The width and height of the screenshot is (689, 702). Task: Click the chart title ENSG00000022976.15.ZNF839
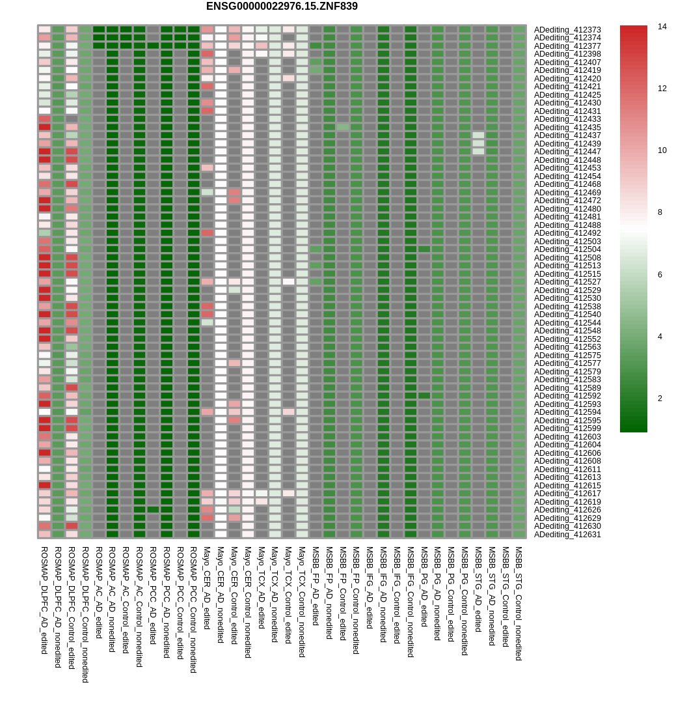pyautogui.click(x=282, y=7)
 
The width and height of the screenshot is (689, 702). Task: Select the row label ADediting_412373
pyautogui.click(x=567, y=30)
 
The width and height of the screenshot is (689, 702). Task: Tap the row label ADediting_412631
pyautogui.click(x=567, y=535)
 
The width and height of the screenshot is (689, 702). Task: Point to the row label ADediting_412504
pyautogui.click(x=567, y=249)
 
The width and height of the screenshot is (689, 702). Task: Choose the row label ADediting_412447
pyautogui.click(x=567, y=152)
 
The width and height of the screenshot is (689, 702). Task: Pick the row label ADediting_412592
pyautogui.click(x=567, y=396)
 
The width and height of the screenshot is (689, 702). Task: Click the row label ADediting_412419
pyautogui.click(x=567, y=70)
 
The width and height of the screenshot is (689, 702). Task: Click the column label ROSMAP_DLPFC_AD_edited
pyautogui.click(x=44, y=600)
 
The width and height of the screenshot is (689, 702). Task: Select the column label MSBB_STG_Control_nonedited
pyautogui.click(x=519, y=603)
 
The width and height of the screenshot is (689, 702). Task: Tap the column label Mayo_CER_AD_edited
pyautogui.click(x=207, y=587)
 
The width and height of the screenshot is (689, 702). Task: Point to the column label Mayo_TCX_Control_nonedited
pyautogui.click(x=302, y=602)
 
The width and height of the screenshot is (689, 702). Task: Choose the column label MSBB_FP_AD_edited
pyautogui.click(x=316, y=585)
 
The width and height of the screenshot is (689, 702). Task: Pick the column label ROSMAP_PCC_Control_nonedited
pyautogui.click(x=193, y=610)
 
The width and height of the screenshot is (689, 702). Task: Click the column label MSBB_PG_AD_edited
pyautogui.click(x=424, y=586)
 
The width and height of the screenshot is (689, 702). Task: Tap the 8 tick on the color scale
pyautogui.click(x=660, y=212)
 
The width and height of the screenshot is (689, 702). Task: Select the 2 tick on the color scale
pyautogui.click(x=660, y=399)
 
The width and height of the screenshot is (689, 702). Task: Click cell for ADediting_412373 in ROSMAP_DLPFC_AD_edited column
pyautogui.click(x=44, y=29)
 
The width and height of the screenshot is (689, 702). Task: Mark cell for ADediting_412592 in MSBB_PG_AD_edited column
pyautogui.click(x=424, y=396)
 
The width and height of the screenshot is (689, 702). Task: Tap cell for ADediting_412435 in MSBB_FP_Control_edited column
pyautogui.click(x=343, y=127)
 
